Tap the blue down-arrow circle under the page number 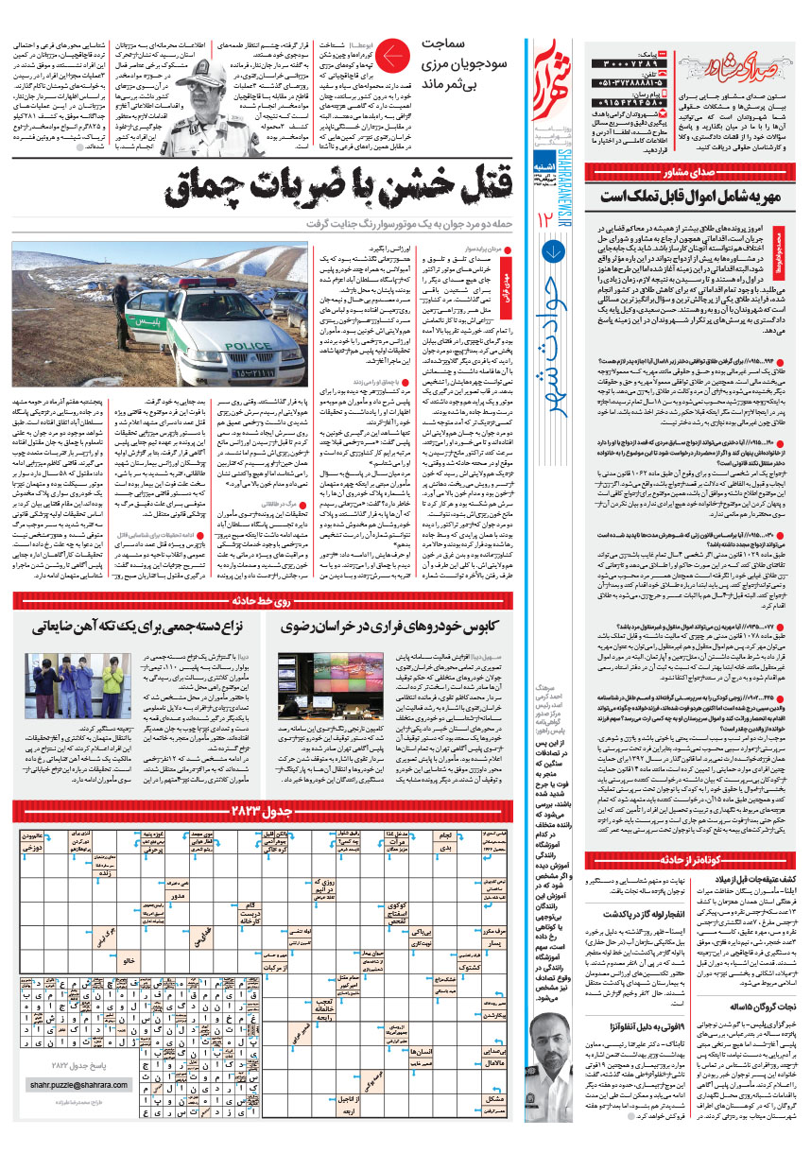[x=550, y=250]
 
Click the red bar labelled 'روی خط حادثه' [x=265, y=601]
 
